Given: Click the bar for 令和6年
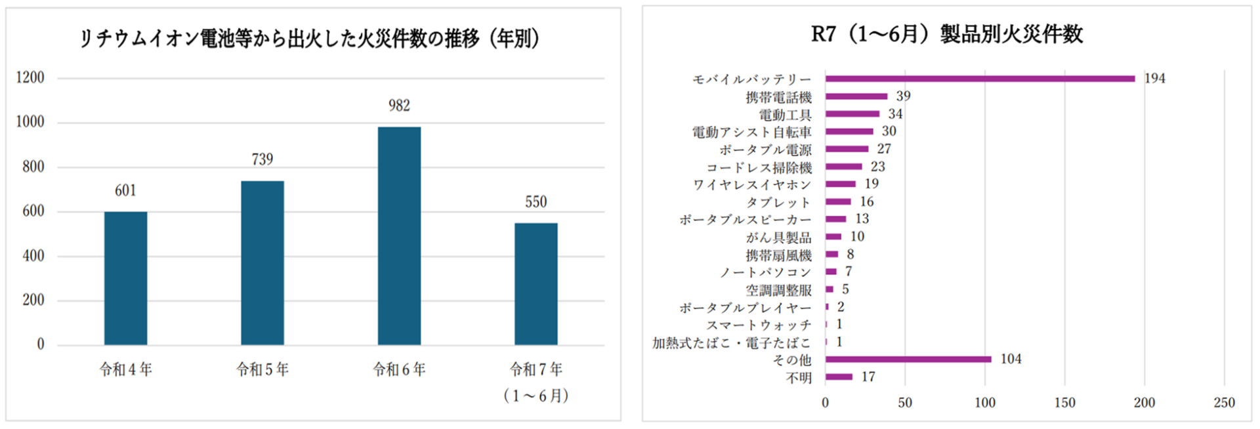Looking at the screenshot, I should click(399, 236).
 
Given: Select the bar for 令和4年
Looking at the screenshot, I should click(125, 278).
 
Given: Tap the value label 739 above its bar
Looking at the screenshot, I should click(262, 159).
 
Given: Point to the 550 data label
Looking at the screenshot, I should click(535, 202).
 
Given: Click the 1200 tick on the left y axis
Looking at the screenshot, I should click(30, 77).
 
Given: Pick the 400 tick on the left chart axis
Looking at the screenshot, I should click(33, 256).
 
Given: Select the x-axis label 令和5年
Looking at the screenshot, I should click(262, 369).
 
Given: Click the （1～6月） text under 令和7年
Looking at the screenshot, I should click(535, 396).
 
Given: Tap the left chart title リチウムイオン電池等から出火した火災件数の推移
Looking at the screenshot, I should click(308, 38).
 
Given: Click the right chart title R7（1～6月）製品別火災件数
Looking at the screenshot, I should click(946, 34).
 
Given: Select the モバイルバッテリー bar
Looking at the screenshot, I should click(980, 79).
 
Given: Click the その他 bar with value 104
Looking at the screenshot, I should click(908, 359).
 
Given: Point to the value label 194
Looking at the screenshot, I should click(1154, 78).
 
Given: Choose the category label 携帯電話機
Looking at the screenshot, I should click(778, 97).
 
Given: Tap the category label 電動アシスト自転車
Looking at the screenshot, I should click(751, 133).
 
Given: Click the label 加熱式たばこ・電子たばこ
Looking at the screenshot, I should click(731, 342).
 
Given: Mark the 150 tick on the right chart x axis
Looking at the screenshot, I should click(1064, 403).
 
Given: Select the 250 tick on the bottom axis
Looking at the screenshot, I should click(1224, 403).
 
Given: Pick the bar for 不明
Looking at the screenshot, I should click(839, 377).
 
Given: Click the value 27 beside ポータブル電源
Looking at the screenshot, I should click(884, 149).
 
